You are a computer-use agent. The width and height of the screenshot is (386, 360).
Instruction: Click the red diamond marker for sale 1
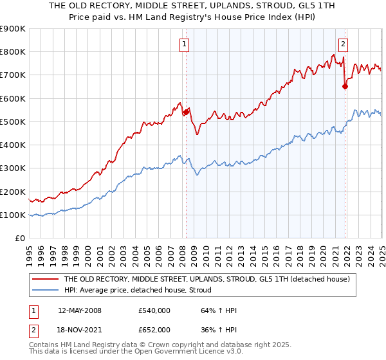point(186,112)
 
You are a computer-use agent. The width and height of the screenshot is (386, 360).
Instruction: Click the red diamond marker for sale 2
point(345,85)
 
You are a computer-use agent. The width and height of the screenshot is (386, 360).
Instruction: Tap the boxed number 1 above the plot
point(184,44)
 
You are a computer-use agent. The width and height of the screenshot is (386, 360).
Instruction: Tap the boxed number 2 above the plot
point(343,44)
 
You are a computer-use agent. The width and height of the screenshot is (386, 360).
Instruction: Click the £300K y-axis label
point(13,168)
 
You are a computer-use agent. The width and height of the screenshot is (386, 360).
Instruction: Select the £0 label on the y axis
point(20,239)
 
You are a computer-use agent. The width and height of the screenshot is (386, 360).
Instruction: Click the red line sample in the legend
point(44,280)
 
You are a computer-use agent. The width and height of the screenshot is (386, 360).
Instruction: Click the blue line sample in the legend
point(44,290)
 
